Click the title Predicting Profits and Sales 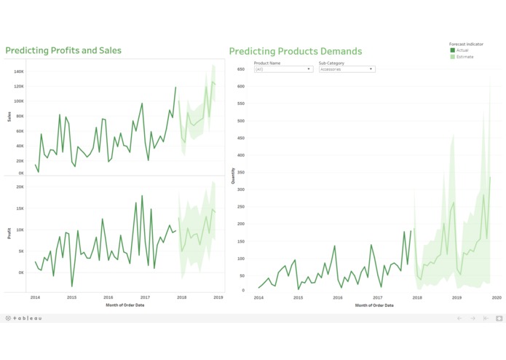(63, 50)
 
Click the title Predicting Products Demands (295, 51)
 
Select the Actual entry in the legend (462, 50)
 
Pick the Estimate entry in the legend (463, 56)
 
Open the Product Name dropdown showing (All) (283, 69)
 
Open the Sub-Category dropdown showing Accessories (347, 69)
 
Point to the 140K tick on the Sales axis (19, 71)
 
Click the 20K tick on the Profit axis (20, 187)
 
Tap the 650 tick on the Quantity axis (241, 69)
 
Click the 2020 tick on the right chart (496, 297)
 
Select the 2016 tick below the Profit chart (108, 297)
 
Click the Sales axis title (9, 116)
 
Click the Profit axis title (9, 233)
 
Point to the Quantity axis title (233, 175)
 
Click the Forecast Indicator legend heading (466, 44)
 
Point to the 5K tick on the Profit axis (21, 251)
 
